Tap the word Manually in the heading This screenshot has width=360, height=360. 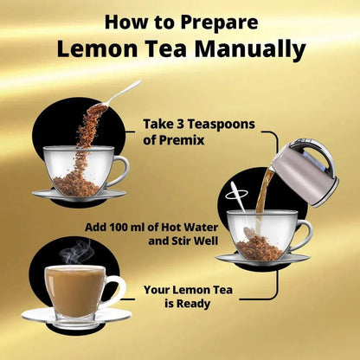pos(250,48)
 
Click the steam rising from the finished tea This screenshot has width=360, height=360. pos(75,252)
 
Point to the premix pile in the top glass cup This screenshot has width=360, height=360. pos(77,183)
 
